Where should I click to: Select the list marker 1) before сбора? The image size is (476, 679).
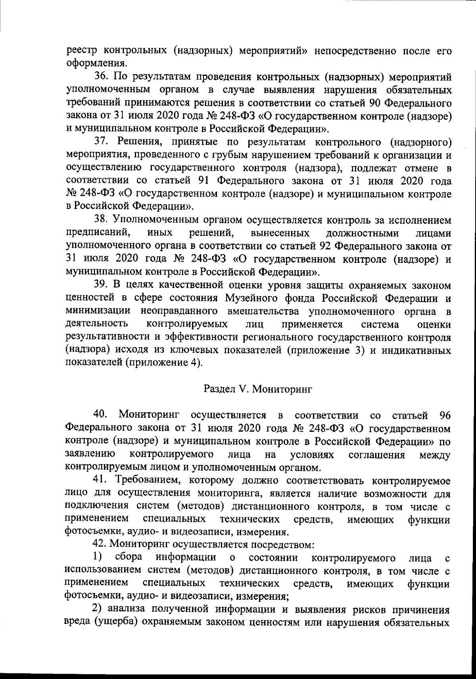point(98,558)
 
